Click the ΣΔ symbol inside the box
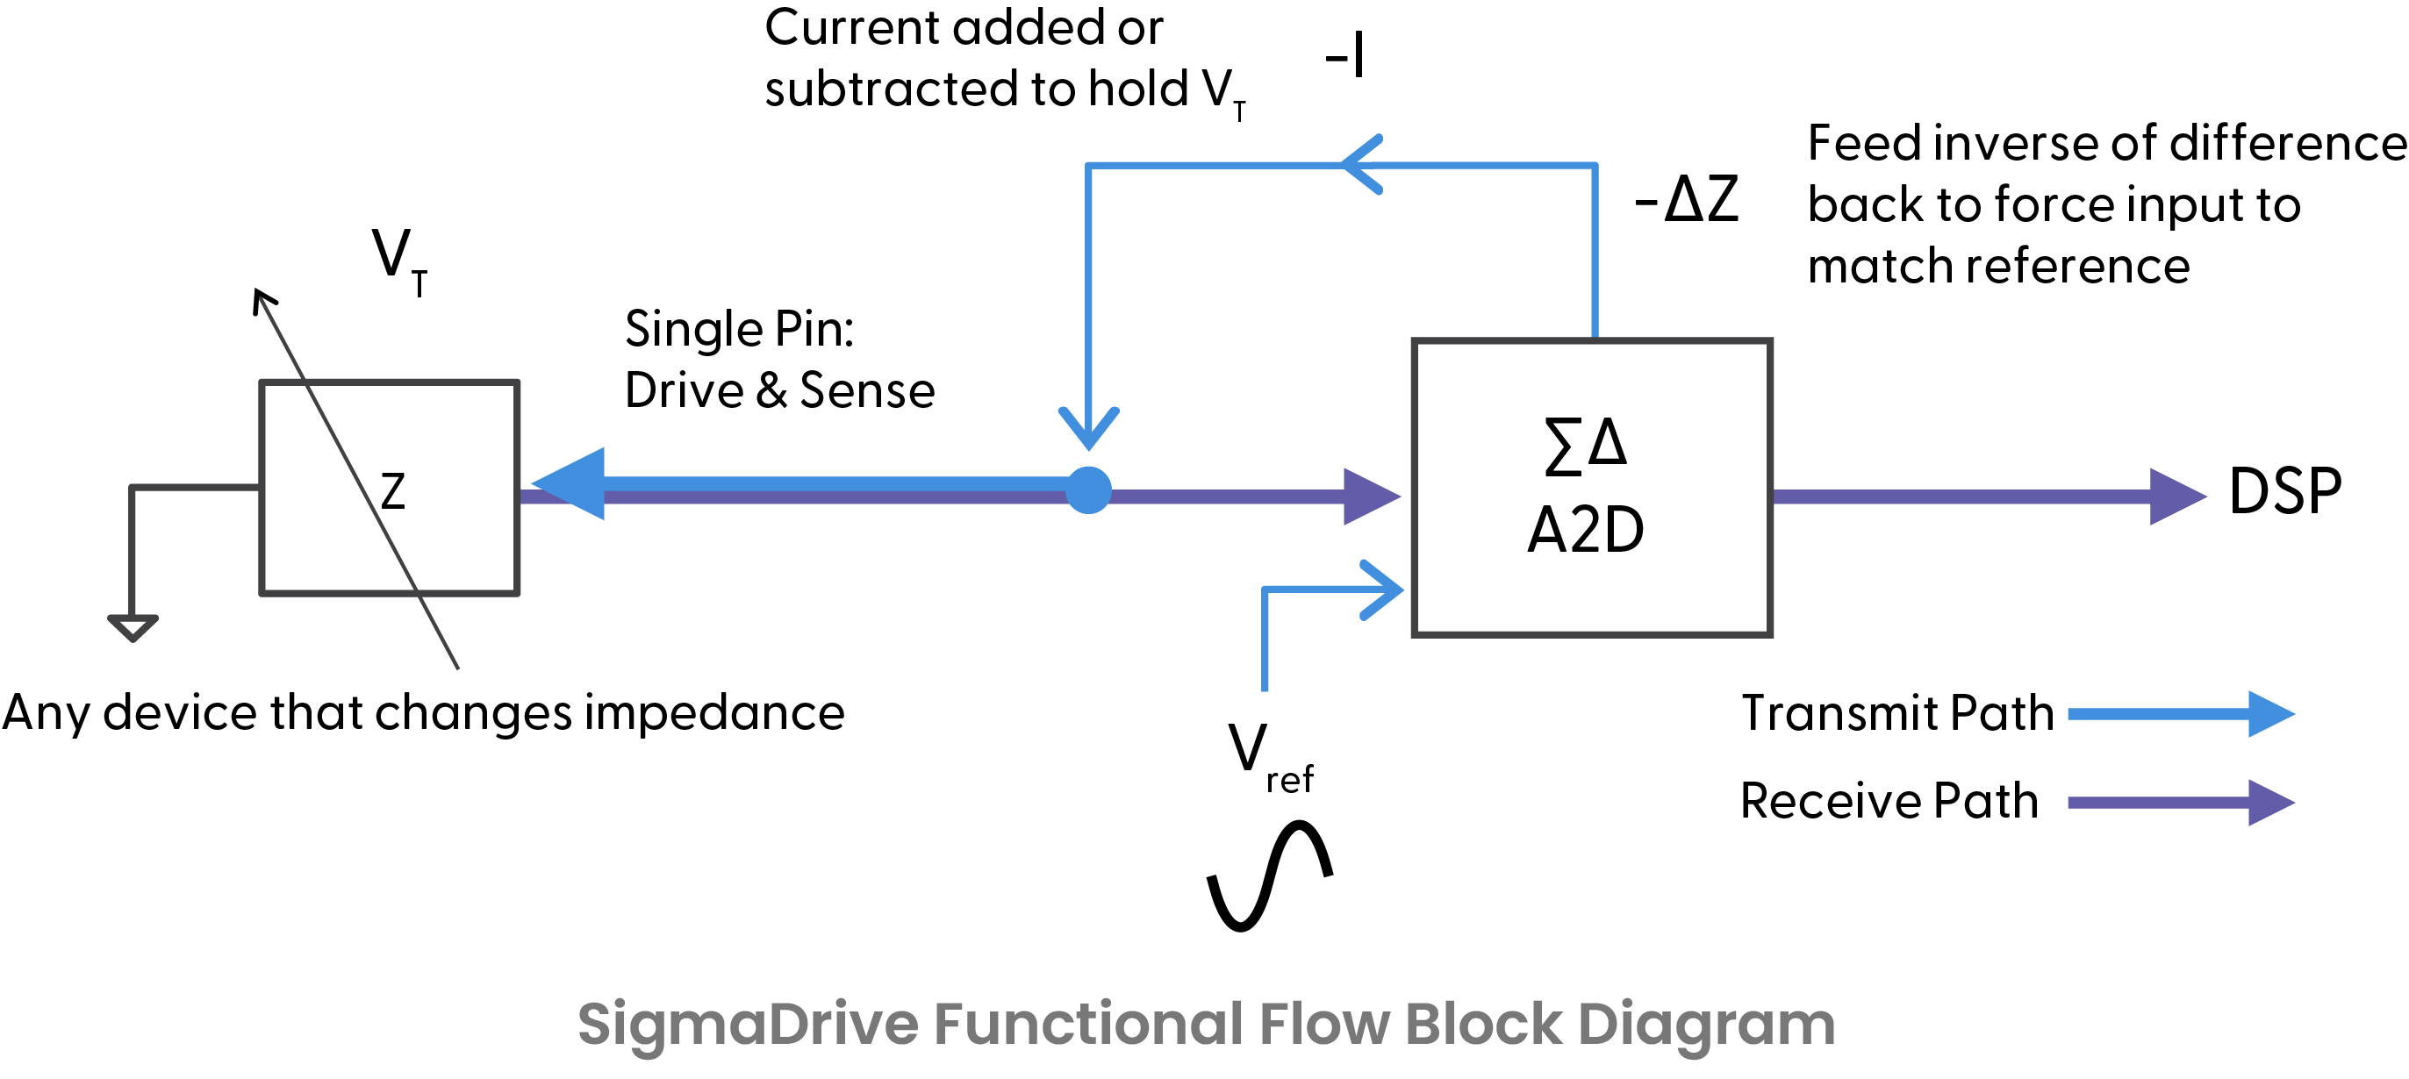pyautogui.click(x=1585, y=446)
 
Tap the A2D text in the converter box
pyautogui.click(x=1585, y=530)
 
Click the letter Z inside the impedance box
pyautogui.click(x=393, y=492)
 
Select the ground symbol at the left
pyautogui.click(x=133, y=626)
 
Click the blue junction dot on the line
pyautogui.click(x=1088, y=490)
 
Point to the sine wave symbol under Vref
pyautogui.click(x=1269, y=875)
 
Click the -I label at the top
pyautogui.click(x=1344, y=55)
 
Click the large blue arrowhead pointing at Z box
pyautogui.click(x=572, y=483)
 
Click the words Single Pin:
pyautogui.click(x=739, y=329)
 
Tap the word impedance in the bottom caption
pyautogui.click(x=714, y=713)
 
